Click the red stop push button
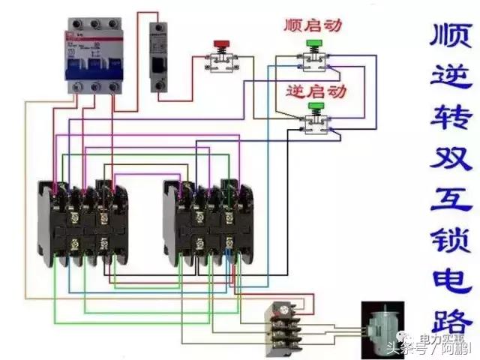(221, 44)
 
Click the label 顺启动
(313, 25)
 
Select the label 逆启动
(316, 91)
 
